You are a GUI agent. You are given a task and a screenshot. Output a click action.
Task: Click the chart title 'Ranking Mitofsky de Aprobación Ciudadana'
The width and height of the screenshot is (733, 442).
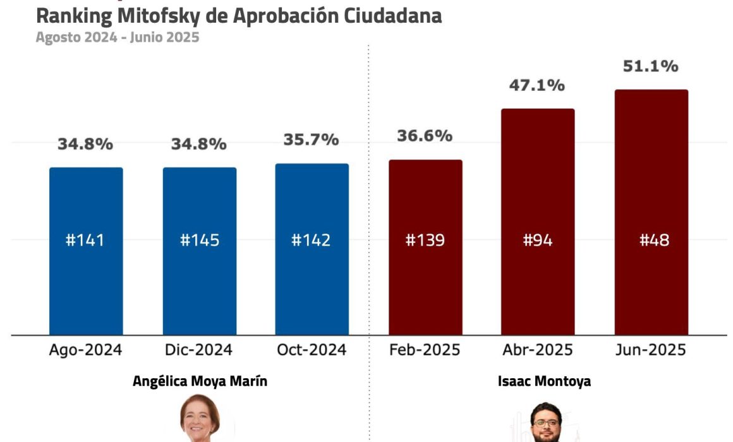[238, 16]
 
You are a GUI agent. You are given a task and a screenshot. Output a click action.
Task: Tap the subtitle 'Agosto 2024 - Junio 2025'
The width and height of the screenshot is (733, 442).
[117, 37]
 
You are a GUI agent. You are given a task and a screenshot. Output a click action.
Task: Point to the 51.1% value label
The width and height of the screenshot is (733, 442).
[650, 66]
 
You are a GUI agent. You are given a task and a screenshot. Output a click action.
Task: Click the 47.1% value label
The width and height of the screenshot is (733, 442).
[537, 85]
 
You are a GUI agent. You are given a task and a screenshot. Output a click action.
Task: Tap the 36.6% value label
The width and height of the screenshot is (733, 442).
[425, 136]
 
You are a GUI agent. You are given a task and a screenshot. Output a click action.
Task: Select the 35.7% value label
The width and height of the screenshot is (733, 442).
[312, 140]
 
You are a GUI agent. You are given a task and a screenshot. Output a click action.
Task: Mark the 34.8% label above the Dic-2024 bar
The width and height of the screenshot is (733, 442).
[199, 144]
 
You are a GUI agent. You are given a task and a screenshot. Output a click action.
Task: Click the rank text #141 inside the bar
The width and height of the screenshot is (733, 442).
[85, 241]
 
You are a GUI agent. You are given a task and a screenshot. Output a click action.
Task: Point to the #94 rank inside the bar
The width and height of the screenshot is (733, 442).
[538, 241]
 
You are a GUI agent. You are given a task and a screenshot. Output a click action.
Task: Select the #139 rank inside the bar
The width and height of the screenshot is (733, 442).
[425, 241]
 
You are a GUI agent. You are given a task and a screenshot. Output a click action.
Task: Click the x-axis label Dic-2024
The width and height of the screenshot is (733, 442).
[199, 350]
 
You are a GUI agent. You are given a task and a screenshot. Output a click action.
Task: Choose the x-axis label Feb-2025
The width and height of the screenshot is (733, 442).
[425, 350]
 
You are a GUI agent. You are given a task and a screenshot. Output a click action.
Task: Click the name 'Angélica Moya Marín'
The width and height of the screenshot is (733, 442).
[200, 381]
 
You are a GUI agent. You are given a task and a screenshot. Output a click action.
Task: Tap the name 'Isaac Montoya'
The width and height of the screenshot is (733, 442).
[544, 381]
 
